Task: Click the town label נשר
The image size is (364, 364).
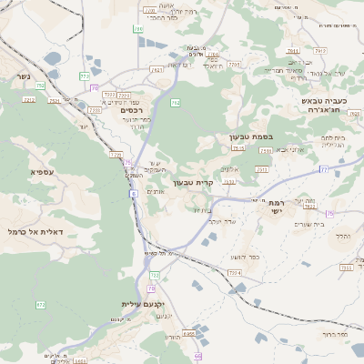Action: pos(22,76)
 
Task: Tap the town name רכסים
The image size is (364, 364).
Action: pos(134,106)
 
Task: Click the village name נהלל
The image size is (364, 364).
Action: pos(342,236)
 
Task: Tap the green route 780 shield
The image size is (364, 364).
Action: pos(138,30)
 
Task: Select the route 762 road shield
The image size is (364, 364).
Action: pos(174,103)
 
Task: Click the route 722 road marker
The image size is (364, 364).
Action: pos(154,274)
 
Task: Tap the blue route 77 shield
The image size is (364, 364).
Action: pos(323,169)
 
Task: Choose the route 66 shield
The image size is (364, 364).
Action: pos(197,343)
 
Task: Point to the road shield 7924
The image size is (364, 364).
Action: pos(234,272)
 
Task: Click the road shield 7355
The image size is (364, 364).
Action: pos(345,268)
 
